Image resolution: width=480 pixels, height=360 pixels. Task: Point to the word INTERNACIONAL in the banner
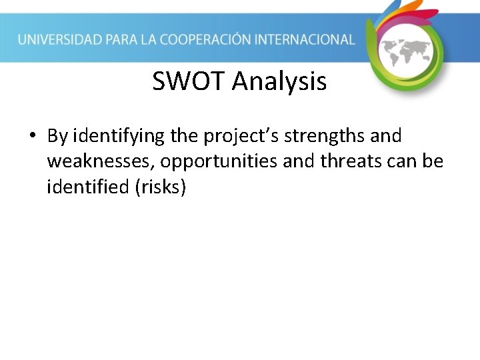311,40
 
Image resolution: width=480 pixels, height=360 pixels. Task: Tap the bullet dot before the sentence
31,137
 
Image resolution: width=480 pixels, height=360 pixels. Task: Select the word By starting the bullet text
58,136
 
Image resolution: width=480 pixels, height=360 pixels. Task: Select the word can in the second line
397,162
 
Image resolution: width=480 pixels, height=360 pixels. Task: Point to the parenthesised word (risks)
160,187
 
